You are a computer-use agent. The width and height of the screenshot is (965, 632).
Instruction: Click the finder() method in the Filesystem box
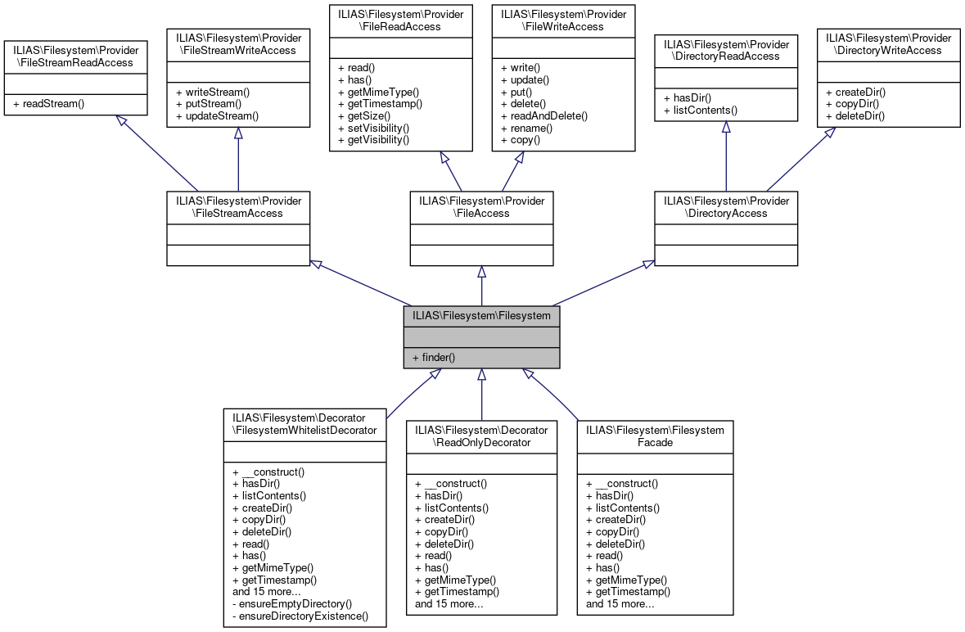434,358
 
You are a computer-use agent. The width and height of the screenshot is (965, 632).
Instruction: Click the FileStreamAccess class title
238,207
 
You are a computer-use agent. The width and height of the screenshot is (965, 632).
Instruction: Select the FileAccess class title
481,207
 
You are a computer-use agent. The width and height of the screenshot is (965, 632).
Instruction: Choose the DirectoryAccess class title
725,207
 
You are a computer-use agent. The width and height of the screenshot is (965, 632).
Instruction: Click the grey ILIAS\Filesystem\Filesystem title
481,315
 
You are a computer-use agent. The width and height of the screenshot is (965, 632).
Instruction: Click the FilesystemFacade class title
655,436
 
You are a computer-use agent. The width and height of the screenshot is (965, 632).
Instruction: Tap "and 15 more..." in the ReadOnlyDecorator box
449,604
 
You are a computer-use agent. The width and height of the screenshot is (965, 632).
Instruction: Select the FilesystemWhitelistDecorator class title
304,424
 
